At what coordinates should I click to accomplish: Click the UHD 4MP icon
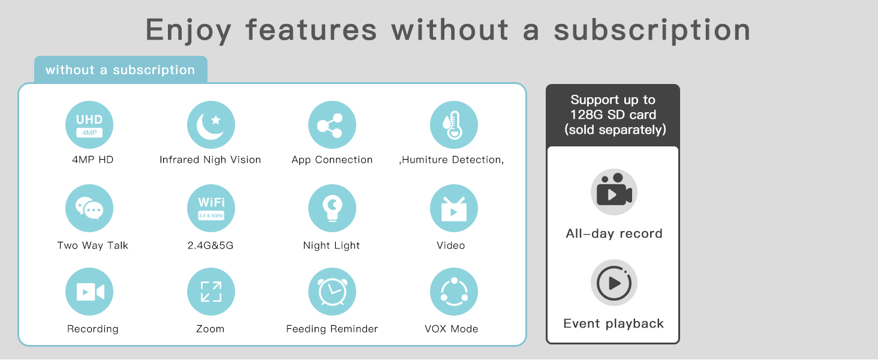coord(89,125)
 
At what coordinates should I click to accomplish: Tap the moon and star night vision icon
coord(211,125)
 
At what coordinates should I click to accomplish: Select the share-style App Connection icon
coord(332,125)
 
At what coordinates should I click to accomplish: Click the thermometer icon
coord(454,125)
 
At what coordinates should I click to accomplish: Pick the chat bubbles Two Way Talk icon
coord(89,208)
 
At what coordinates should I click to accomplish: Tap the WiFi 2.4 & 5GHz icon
coord(211,208)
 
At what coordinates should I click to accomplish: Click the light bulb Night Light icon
coord(332,208)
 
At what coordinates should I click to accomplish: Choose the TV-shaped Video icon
coord(454,208)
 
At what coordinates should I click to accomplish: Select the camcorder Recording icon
coord(89,292)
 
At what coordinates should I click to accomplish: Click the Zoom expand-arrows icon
coord(211,292)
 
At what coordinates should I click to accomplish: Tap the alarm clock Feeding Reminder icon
coord(332,292)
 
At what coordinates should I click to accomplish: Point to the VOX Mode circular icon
coord(454,292)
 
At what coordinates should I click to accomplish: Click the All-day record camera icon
coord(614,192)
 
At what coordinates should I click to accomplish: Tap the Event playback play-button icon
coord(614,283)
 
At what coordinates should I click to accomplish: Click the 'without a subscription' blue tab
coord(121,70)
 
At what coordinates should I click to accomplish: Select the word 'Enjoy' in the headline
coord(188,31)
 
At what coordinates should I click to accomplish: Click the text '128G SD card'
coord(613,115)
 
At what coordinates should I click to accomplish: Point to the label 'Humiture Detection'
coord(452,160)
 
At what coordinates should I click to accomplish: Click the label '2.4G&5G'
coord(211,245)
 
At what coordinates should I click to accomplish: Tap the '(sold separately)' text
coord(615,130)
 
